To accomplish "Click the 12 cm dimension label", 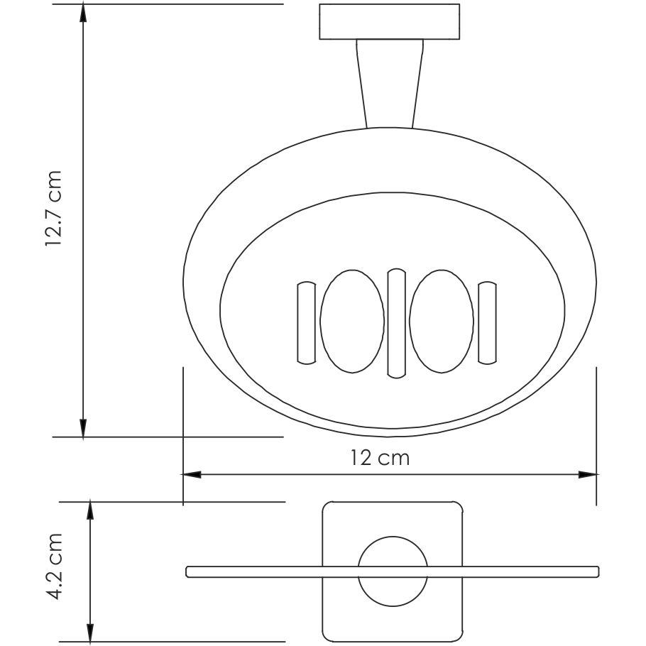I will pos(380,458).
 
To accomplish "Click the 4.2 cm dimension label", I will pos(55,567).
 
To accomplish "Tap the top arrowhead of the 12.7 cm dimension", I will pos(84,12).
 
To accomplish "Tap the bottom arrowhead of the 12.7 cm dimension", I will pos(84,428).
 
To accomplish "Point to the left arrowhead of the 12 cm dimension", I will pos(192,474).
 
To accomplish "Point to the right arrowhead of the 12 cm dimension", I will pos(587,474).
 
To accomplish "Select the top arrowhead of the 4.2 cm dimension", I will pos(90,509).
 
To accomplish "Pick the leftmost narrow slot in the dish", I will pos(305,323).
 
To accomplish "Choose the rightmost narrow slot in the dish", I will pos(487,323).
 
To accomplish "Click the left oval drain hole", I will pos(351,322).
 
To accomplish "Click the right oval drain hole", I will pos(442,322).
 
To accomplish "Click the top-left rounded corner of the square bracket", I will pos(328,508).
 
